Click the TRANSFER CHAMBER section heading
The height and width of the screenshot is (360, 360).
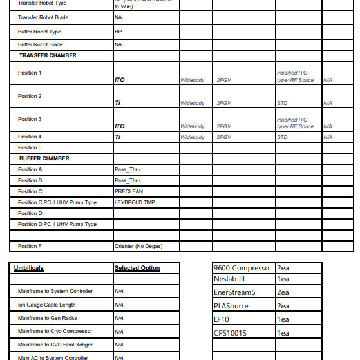[x=48, y=55]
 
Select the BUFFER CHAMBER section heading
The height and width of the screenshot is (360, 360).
[x=44, y=158]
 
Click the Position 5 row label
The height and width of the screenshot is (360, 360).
[x=30, y=147]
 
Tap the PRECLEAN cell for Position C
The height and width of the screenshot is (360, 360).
[x=129, y=191]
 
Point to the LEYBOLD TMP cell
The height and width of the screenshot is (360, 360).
[x=135, y=202]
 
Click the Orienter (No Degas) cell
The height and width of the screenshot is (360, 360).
[x=138, y=246]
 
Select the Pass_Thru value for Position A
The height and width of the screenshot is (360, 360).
[x=127, y=169]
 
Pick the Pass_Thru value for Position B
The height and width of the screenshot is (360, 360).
[x=127, y=180]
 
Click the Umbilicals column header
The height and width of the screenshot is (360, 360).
[x=29, y=268]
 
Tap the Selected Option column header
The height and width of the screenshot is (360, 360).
[x=137, y=268]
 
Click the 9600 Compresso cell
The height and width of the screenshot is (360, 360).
[x=242, y=268]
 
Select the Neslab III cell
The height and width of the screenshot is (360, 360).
[x=229, y=279]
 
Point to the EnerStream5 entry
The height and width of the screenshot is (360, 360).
[x=234, y=292]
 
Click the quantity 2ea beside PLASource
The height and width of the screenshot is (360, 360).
[x=283, y=306]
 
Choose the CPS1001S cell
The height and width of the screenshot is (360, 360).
[x=230, y=333]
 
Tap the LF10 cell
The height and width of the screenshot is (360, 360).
[x=221, y=319]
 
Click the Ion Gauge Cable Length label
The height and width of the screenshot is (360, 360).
[x=46, y=305]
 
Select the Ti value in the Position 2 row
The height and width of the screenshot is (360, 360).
[x=118, y=103]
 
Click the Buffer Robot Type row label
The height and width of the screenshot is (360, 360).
[x=39, y=31]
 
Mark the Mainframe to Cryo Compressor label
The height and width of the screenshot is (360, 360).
[x=55, y=331]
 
